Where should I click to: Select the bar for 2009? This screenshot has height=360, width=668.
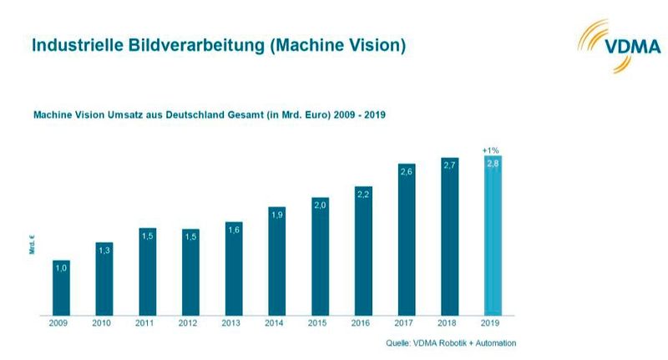coord(61,288)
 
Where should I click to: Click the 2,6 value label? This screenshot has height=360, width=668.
coord(407,172)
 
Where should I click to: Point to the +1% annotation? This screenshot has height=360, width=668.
coord(492,150)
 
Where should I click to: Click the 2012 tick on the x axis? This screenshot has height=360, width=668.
coord(190,324)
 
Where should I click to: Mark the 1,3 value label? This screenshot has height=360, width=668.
coord(104,250)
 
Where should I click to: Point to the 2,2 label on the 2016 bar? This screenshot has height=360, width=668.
coord(363,194)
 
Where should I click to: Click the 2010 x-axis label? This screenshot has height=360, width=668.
coord(104,324)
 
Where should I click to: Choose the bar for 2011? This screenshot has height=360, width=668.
coord(148,271)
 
